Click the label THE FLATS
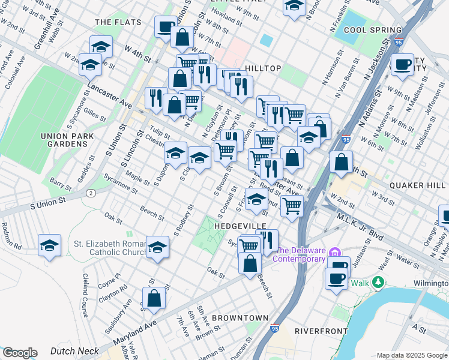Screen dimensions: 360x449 [118, 22]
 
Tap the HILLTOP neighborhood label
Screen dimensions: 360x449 [262, 68]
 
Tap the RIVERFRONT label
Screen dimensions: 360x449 [321, 331]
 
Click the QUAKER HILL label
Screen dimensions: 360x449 [418, 185]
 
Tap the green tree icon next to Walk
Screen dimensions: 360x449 [378, 282]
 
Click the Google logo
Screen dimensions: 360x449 [19, 353]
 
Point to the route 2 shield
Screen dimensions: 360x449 [91, 193]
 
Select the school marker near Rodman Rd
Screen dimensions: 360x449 [49, 245]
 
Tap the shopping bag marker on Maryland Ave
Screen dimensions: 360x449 [154, 298]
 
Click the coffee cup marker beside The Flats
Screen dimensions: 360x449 [165, 26]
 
